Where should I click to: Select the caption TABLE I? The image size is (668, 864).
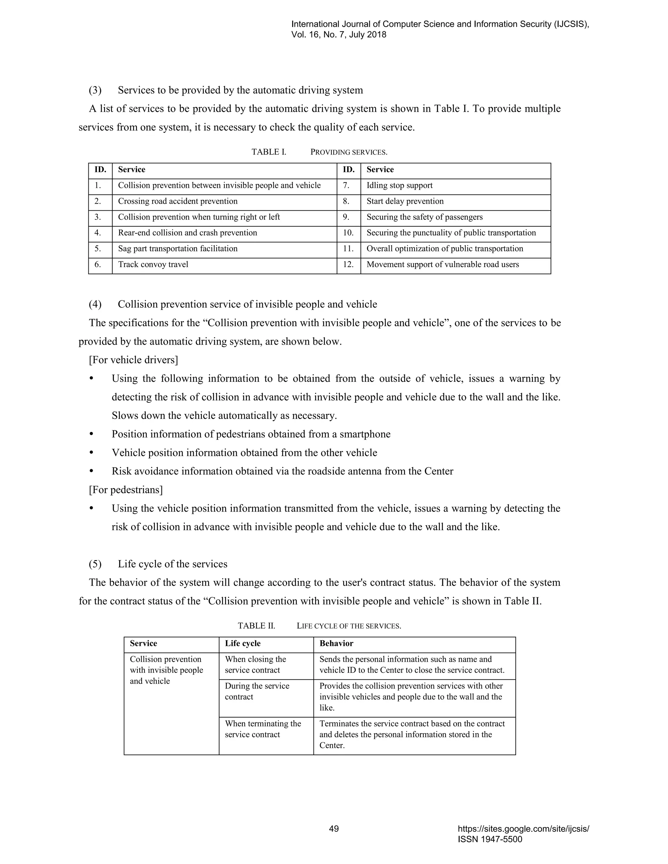tap(269, 152)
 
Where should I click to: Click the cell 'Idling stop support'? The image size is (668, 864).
tap(399, 186)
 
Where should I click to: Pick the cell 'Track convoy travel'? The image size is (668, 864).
tap(153, 265)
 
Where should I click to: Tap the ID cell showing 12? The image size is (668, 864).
tap(348, 265)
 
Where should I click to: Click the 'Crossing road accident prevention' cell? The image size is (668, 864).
tap(178, 201)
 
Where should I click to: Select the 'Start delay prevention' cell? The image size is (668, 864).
tap(405, 201)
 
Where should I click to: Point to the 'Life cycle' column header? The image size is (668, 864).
tap(243, 644)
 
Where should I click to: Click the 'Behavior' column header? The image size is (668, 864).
tap(336, 644)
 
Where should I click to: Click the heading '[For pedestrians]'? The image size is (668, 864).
tap(126, 490)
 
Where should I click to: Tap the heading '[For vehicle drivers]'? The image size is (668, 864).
tap(133, 360)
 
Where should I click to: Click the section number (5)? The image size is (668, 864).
tap(95, 564)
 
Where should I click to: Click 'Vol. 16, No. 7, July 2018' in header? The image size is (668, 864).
tap(339, 35)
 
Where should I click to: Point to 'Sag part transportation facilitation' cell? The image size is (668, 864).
tap(178, 249)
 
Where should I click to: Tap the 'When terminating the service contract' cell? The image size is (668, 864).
tap(263, 729)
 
